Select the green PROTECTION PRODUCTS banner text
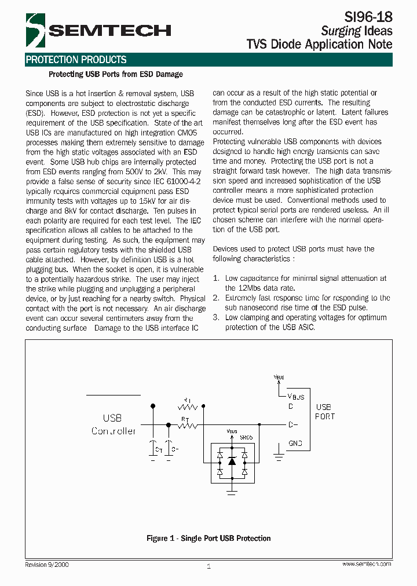tap(76, 60)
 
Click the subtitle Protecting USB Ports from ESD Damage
tap(116, 74)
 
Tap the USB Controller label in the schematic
tap(114, 424)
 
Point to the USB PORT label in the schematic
tap(324, 412)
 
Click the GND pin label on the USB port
tap(295, 444)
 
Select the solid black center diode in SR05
tap(232, 461)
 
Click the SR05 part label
tap(246, 438)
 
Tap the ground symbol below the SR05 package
tap(232, 492)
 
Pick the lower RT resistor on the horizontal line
tap(187, 426)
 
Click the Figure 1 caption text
tap(209, 539)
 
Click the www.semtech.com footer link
tap(366, 564)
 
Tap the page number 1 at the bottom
tap(209, 566)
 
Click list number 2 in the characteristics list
tap(216, 298)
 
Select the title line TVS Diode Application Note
tap(319, 45)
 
